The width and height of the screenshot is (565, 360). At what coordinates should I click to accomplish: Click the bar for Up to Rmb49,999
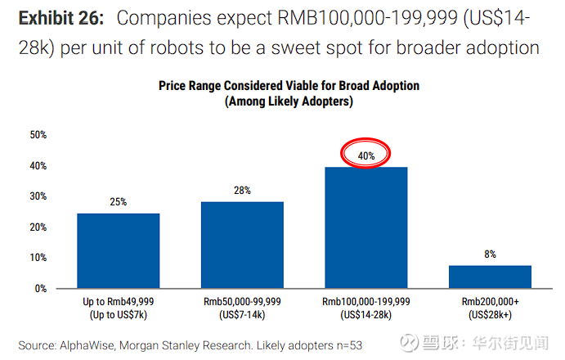pos(119,250)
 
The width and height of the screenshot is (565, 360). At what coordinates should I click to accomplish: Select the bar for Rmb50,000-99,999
pos(242,245)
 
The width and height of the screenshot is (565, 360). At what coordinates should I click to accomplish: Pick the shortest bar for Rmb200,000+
pos(490,277)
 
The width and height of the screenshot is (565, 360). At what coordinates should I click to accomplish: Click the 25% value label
pos(119,202)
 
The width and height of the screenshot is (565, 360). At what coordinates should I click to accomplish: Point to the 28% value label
pos(242,190)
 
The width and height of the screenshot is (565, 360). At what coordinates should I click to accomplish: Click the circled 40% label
pos(366,154)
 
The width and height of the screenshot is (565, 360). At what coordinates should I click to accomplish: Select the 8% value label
pos(490,254)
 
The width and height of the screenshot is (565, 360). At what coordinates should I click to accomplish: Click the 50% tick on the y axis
pos(38,135)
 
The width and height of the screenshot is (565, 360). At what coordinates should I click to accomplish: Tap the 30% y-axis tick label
pos(38,196)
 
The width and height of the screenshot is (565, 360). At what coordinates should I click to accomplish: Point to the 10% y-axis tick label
pos(38,258)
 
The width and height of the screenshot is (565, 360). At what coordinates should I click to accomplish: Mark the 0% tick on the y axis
pos(40,289)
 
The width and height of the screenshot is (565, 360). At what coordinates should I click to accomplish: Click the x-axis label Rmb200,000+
pos(490,302)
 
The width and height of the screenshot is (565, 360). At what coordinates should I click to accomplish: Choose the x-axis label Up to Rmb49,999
pos(119,302)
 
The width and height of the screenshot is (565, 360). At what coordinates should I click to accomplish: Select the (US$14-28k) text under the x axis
pos(366,315)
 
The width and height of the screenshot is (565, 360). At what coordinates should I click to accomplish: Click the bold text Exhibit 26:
pos(62,18)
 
